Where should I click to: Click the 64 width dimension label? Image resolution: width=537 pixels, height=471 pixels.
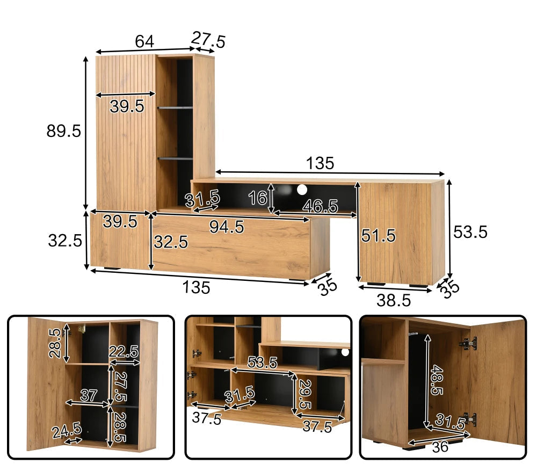[144, 41]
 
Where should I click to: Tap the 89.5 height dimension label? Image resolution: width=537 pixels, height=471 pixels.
[64, 131]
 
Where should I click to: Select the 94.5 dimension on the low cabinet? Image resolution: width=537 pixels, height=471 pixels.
[227, 227]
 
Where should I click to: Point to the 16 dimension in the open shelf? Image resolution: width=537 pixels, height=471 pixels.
[258, 198]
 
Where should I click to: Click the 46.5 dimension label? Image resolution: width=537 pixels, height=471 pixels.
[320, 206]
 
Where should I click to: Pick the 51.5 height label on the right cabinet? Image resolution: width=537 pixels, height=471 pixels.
[379, 236]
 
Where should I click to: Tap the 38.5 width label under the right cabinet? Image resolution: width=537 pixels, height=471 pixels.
[394, 300]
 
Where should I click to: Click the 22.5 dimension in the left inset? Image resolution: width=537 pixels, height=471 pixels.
[124, 352]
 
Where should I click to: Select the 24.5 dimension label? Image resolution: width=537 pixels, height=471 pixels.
[67, 430]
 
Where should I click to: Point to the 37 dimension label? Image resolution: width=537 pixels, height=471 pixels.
[89, 396]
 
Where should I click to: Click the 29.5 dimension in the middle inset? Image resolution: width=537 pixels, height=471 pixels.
[304, 394]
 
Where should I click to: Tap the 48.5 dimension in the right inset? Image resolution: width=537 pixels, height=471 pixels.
[437, 380]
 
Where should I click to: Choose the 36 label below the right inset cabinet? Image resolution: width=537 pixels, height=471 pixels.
[440, 447]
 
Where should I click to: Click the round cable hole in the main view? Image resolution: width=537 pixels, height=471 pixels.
[302, 190]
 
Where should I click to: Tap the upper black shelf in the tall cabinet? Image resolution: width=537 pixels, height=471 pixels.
[175, 108]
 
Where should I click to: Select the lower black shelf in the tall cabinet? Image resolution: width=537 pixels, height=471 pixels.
[175, 158]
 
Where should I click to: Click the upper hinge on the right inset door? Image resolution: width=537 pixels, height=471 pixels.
[468, 343]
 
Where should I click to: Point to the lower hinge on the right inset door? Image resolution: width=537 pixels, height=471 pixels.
[469, 419]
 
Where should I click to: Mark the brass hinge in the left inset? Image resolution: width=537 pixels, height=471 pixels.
[81, 329]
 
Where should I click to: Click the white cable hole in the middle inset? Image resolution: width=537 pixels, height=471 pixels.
[345, 352]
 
